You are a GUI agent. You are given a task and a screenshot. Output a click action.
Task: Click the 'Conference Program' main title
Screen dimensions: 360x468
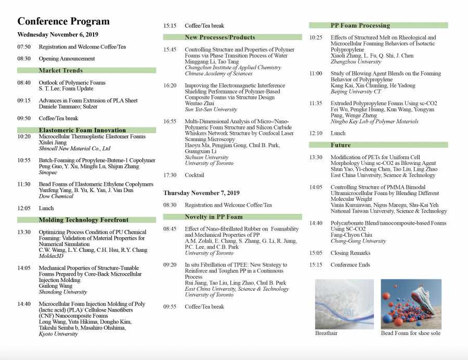coord(63,21)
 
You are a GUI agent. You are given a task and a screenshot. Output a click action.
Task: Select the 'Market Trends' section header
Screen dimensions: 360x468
coord(60,70)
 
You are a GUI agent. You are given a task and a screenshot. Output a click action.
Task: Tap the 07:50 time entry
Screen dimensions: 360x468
coord(23,47)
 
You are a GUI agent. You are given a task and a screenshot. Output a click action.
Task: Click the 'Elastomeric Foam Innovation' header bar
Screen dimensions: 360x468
coord(82,130)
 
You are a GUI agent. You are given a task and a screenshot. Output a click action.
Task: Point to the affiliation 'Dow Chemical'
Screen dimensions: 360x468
coord(56,196)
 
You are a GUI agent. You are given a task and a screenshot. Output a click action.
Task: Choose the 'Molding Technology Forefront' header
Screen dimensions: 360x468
coord(83,220)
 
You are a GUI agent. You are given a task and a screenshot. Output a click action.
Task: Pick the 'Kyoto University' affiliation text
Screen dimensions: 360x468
coord(59,334)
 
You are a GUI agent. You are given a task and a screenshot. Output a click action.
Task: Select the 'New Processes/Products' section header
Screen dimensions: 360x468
coord(219,37)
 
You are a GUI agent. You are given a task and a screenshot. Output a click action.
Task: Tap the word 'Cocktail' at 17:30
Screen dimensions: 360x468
coord(194,175)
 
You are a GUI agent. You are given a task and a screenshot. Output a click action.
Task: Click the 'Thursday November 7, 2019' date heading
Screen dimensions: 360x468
coord(201,193)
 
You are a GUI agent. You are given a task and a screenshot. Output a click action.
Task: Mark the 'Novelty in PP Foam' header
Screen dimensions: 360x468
coord(213,217)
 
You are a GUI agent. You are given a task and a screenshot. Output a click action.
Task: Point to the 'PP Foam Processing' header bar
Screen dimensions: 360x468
coord(360,25)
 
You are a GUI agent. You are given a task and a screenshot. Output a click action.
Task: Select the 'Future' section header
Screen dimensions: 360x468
coord(341,145)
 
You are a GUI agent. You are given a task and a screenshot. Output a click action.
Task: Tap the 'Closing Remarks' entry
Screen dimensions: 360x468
coord(350,253)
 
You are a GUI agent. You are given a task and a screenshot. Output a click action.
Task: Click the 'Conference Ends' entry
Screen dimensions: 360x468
coord(350,265)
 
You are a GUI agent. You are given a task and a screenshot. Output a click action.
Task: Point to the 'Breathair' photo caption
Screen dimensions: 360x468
coord(326,333)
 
